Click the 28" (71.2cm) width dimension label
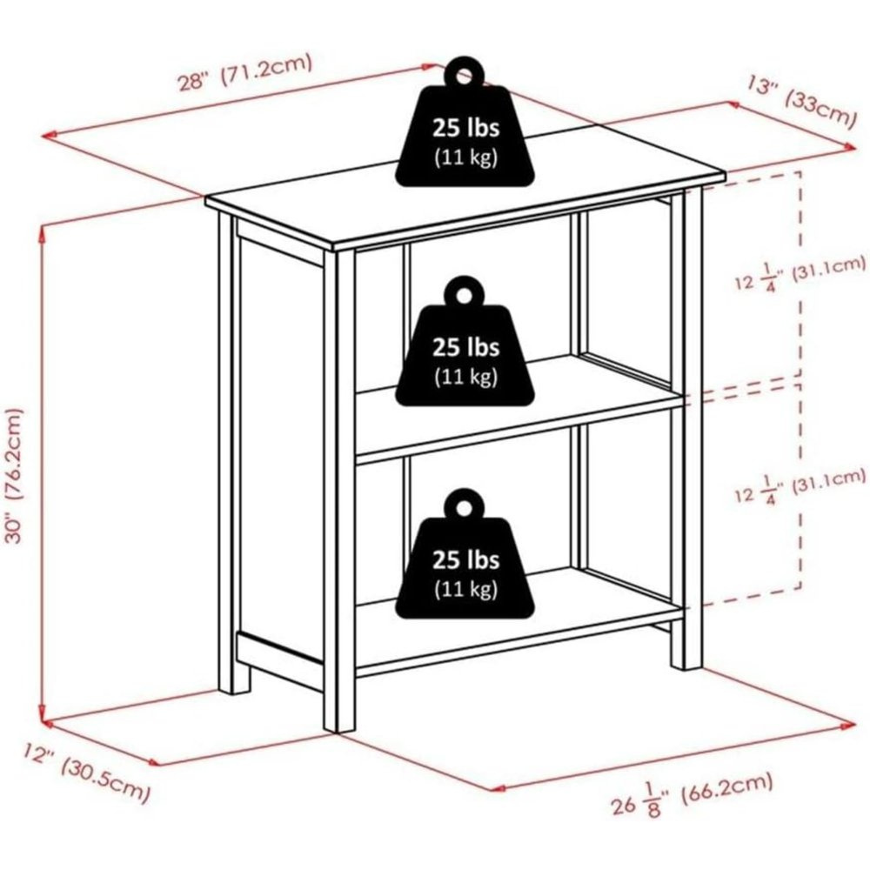[244, 73]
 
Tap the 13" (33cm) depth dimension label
[801, 103]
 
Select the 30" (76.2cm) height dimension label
[15, 476]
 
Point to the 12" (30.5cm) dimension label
[86, 773]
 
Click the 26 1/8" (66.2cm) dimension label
[692, 796]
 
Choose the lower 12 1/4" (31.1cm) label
[800, 485]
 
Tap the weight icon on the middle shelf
[465, 341]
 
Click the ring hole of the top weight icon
[464, 74]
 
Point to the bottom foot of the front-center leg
[339, 721]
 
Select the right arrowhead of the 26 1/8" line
[848, 724]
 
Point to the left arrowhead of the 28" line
[50, 135]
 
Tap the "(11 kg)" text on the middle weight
[465, 378]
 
